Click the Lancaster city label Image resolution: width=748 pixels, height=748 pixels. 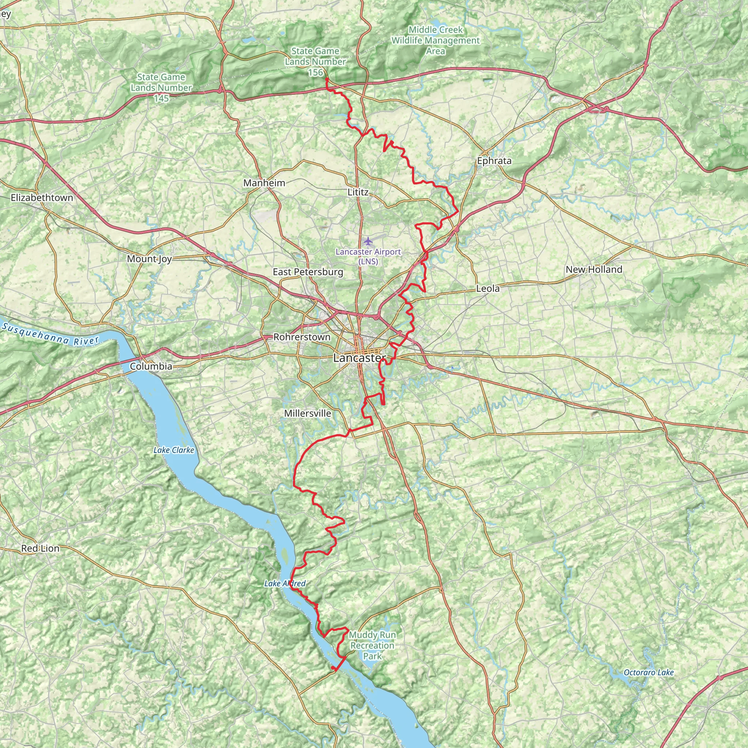pos(359,358)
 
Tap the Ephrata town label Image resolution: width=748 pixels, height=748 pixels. pos(494,161)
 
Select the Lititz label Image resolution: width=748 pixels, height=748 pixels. pos(358,192)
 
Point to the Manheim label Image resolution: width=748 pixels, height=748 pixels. pos(264,183)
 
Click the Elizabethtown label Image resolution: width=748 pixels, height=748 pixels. pos(42,198)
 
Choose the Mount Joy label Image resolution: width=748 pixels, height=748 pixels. pos(149,259)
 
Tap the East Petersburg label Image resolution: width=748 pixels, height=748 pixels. pos(308,272)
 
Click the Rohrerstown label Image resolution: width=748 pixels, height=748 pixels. pos(302,337)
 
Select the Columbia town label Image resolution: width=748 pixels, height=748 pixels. pos(151,366)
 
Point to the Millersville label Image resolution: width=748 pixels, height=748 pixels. pos(308,413)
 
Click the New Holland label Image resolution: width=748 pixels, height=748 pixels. pos(594,270)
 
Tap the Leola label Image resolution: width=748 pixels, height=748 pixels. pos(488,289)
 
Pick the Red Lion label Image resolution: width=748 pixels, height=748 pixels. pos(40,548)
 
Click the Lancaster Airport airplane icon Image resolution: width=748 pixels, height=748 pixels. pos(368,241)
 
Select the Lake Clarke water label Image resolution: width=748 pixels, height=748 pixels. pos(173,450)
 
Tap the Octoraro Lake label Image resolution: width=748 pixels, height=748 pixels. pos(649,672)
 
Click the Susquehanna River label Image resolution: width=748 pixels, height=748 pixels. pos(50,334)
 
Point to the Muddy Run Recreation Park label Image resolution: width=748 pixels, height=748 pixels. pos(372,645)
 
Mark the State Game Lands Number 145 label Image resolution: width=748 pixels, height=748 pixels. pos(161,88)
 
